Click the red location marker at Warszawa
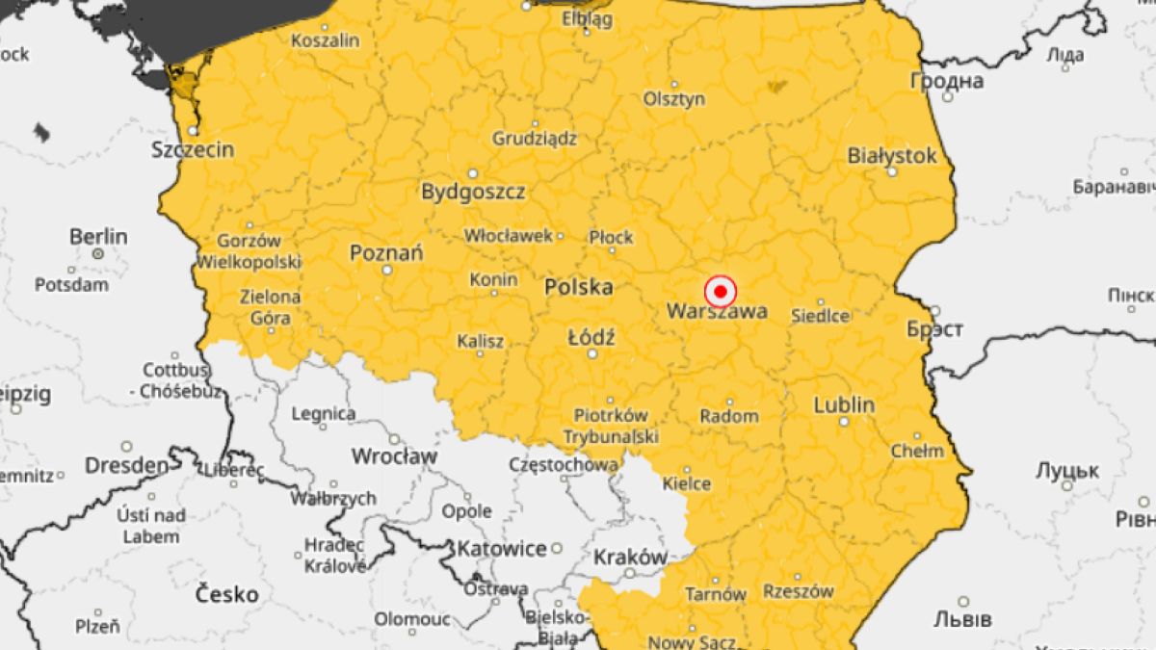(720, 290)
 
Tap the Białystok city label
(892, 156)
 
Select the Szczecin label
(193, 149)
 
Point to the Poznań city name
(386, 252)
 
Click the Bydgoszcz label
(473, 192)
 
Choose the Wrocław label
(395, 455)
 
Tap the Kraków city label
(630, 557)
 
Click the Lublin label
(844, 404)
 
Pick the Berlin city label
(98, 236)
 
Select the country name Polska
(578, 286)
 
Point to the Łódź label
(591, 337)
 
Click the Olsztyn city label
(674, 98)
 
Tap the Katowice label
(501, 549)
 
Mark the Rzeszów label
(798, 591)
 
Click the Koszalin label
(325, 40)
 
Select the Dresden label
(126, 465)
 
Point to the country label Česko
(227, 594)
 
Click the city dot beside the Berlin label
(98, 253)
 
